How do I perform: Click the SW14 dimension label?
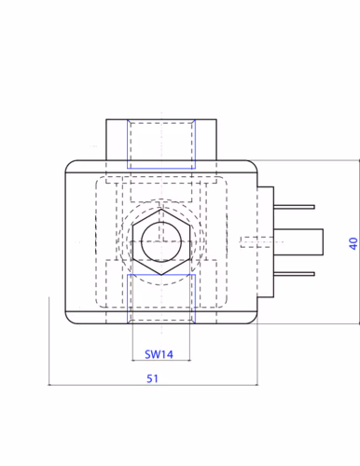click(x=159, y=354)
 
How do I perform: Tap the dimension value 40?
click(x=353, y=243)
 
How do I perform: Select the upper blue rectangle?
click(x=161, y=144)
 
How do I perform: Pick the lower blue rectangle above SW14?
click(x=161, y=298)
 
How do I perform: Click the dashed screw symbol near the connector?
click(x=255, y=241)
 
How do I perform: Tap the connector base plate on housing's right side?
click(x=266, y=241)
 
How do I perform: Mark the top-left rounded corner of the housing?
click(x=69, y=165)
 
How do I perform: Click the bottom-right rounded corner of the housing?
click(x=252, y=319)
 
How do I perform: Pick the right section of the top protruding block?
click(x=206, y=140)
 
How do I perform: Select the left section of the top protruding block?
click(x=116, y=140)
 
